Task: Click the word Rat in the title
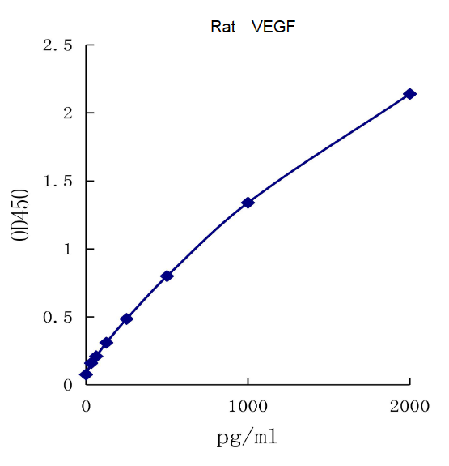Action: (x=223, y=27)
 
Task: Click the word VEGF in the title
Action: (x=273, y=27)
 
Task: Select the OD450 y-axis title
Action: (x=22, y=215)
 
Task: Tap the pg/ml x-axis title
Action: (x=247, y=438)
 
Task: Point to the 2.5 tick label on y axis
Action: (x=57, y=45)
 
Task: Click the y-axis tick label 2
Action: (x=68, y=113)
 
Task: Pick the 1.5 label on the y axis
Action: (x=57, y=181)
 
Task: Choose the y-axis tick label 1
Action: (x=68, y=249)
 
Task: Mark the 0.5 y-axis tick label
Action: (x=57, y=317)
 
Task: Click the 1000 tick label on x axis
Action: (x=248, y=406)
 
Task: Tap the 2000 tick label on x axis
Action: (x=409, y=406)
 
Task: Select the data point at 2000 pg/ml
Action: (x=409, y=94)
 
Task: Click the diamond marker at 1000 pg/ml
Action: (x=248, y=203)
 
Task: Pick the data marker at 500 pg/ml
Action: (x=167, y=276)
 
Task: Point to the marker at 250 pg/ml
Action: (x=126, y=319)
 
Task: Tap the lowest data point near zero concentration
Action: (x=86, y=374)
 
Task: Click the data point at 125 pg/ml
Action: (x=106, y=343)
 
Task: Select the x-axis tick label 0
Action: (x=87, y=406)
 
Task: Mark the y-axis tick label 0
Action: (x=68, y=385)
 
